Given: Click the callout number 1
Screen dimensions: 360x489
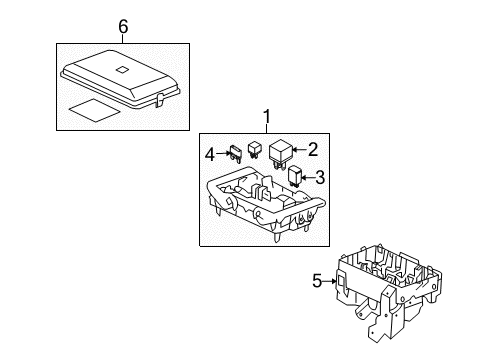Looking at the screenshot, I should (x=266, y=117).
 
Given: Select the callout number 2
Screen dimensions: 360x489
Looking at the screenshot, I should (x=313, y=151).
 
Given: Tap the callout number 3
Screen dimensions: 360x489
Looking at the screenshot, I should (x=320, y=179).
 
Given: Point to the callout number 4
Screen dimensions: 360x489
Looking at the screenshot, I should (x=211, y=154).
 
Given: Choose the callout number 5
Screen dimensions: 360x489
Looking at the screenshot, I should (x=317, y=281).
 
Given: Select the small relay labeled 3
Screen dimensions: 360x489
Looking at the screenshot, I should (x=296, y=178).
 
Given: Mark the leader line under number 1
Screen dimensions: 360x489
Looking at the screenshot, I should (x=266, y=128).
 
